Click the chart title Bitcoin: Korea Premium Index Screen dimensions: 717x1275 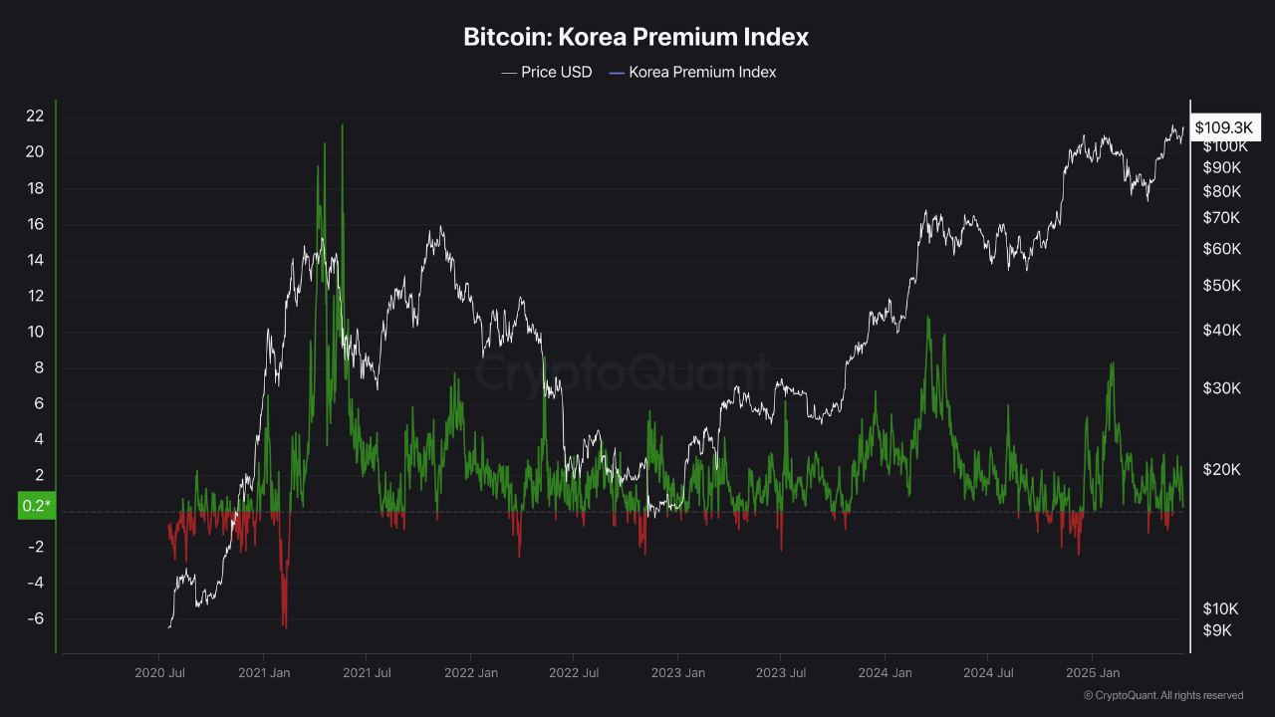click(x=636, y=38)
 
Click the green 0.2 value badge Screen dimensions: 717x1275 click(x=36, y=506)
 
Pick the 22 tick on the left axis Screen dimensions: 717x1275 click(x=36, y=117)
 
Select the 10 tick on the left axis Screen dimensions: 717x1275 click(x=36, y=332)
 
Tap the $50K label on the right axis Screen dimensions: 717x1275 click(x=1221, y=286)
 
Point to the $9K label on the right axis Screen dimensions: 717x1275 click(x=1217, y=630)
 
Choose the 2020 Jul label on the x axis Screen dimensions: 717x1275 click(x=159, y=673)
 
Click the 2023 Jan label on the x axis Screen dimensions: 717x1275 click(x=677, y=673)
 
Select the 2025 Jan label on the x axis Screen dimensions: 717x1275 click(x=1092, y=673)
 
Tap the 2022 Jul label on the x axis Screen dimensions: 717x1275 click(x=574, y=673)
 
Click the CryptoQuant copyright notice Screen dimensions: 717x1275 click(x=1162, y=695)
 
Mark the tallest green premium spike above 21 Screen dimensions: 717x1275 click(x=342, y=127)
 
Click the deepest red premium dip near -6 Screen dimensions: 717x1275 click(x=284, y=625)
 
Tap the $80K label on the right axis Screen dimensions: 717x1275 click(x=1221, y=191)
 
